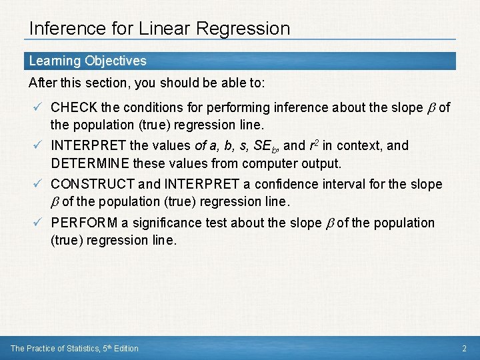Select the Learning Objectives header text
[x=87, y=61]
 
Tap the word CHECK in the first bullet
[x=74, y=107]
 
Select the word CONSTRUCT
[x=92, y=184]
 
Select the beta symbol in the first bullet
[x=431, y=108]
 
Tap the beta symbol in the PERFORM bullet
[x=329, y=223]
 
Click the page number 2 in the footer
[x=465, y=348]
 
